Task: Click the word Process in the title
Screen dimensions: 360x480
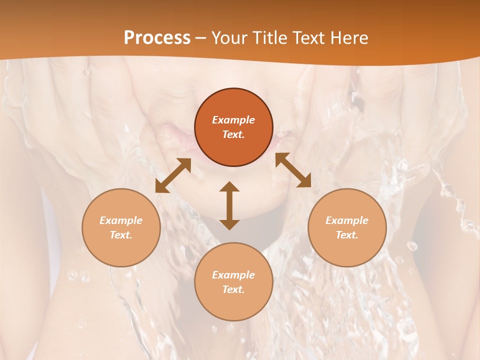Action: click(x=157, y=37)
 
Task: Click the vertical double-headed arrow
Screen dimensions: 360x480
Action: click(x=229, y=205)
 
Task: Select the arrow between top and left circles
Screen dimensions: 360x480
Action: click(x=173, y=175)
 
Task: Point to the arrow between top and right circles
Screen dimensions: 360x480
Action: click(x=293, y=170)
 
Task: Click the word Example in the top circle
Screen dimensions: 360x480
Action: click(x=233, y=120)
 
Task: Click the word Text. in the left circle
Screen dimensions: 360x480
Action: click(x=121, y=235)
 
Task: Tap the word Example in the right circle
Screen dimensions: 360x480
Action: click(x=347, y=220)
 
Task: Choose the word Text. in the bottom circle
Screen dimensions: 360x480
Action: click(x=233, y=289)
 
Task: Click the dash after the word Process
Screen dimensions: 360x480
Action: click(x=200, y=38)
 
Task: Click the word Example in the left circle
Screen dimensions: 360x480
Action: click(x=121, y=220)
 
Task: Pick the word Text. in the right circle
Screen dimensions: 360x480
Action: click(x=347, y=235)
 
